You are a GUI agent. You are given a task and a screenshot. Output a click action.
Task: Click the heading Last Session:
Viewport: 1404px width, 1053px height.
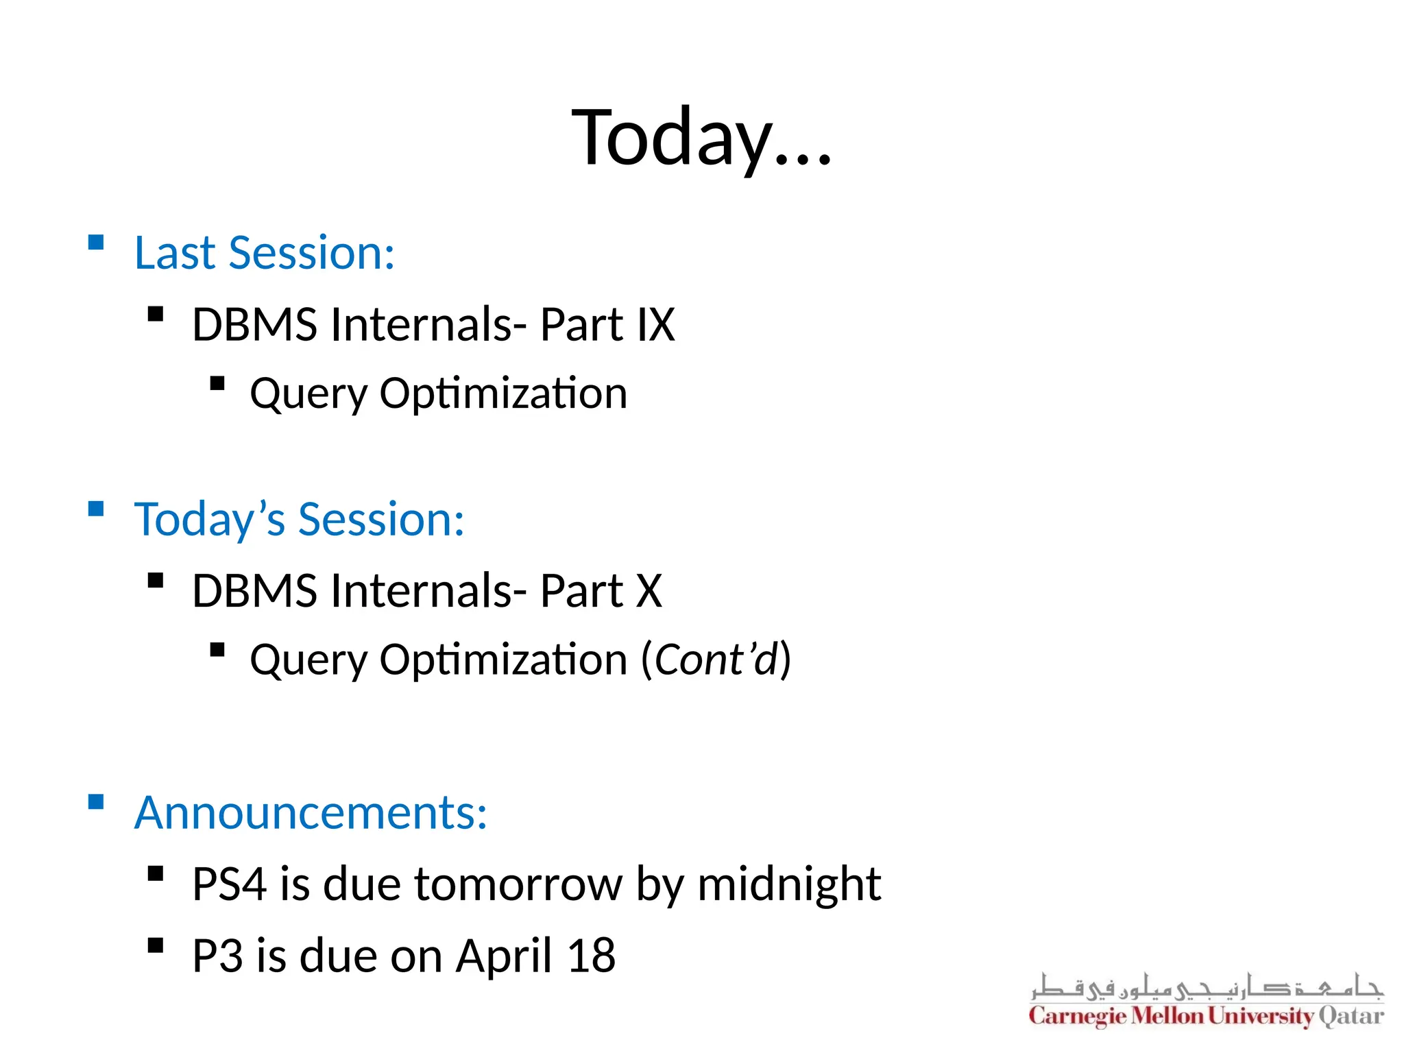coord(264,253)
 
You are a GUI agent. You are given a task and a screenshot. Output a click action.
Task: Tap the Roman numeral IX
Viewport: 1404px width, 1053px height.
coord(656,324)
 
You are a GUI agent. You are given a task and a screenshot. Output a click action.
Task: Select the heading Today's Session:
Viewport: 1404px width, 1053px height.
coord(299,519)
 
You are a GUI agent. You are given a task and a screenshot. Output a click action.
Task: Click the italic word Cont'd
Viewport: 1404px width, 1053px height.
coord(716,659)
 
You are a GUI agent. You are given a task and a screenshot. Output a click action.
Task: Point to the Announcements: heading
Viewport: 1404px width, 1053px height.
coord(311,812)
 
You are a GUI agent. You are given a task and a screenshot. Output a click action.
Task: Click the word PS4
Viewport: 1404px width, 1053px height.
coord(228,884)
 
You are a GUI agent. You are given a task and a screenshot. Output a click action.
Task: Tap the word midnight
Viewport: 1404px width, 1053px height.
coord(788,884)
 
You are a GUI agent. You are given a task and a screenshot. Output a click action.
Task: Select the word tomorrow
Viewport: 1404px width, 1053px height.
coord(518,884)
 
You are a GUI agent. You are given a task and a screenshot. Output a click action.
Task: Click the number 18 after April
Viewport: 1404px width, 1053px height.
coord(591,956)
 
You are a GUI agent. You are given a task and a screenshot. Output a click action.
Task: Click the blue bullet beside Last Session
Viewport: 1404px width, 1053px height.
coord(96,242)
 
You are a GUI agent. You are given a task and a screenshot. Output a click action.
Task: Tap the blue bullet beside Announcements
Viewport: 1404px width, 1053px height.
coord(96,801)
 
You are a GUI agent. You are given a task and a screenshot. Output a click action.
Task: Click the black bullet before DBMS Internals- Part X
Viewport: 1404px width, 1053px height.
coord(156,581)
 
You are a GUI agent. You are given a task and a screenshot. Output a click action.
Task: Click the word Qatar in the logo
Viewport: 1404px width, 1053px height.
coord(1351,1015)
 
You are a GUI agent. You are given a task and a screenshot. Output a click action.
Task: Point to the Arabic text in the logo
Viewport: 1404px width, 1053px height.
coord(1207,987)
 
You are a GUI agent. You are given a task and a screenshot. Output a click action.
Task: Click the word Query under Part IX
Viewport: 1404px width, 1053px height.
coord(308,394)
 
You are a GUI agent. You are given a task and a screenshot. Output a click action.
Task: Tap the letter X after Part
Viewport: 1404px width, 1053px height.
coord(649,590)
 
